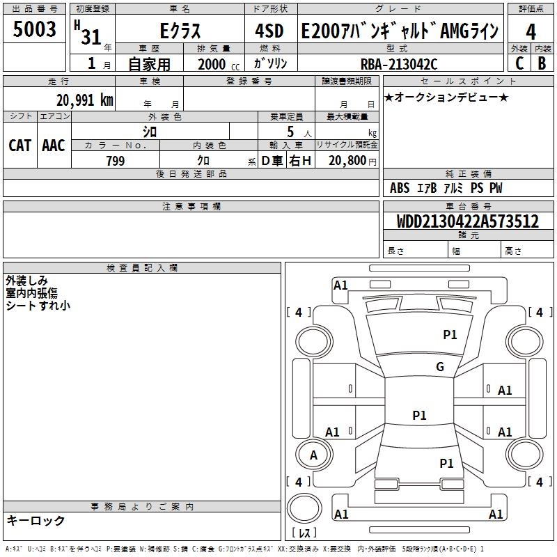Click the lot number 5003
click(x=34, y=29)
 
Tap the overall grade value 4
click(x=531, y=31)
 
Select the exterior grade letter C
click(x=519, y=63)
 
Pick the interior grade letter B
click(x=542, y=63)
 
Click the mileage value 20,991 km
click(x=85, y=100)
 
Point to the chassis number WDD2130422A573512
click(x=468, y=221)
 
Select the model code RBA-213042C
click(x=399, y=64)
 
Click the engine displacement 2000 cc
click(x=219, y=64)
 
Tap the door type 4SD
click(x=269, y=31)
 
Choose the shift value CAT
click(x=20, y=146)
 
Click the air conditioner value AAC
click(x=54, y=146)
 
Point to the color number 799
click(x=116, y=161)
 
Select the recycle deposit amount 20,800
click(x=347, y=161)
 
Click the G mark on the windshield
click(x=440, y=366)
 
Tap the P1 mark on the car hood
click(x=450, y=334)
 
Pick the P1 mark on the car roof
click(x=419, y=415)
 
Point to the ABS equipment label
click(x=400, y=187)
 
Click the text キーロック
click(x=36, y=520)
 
